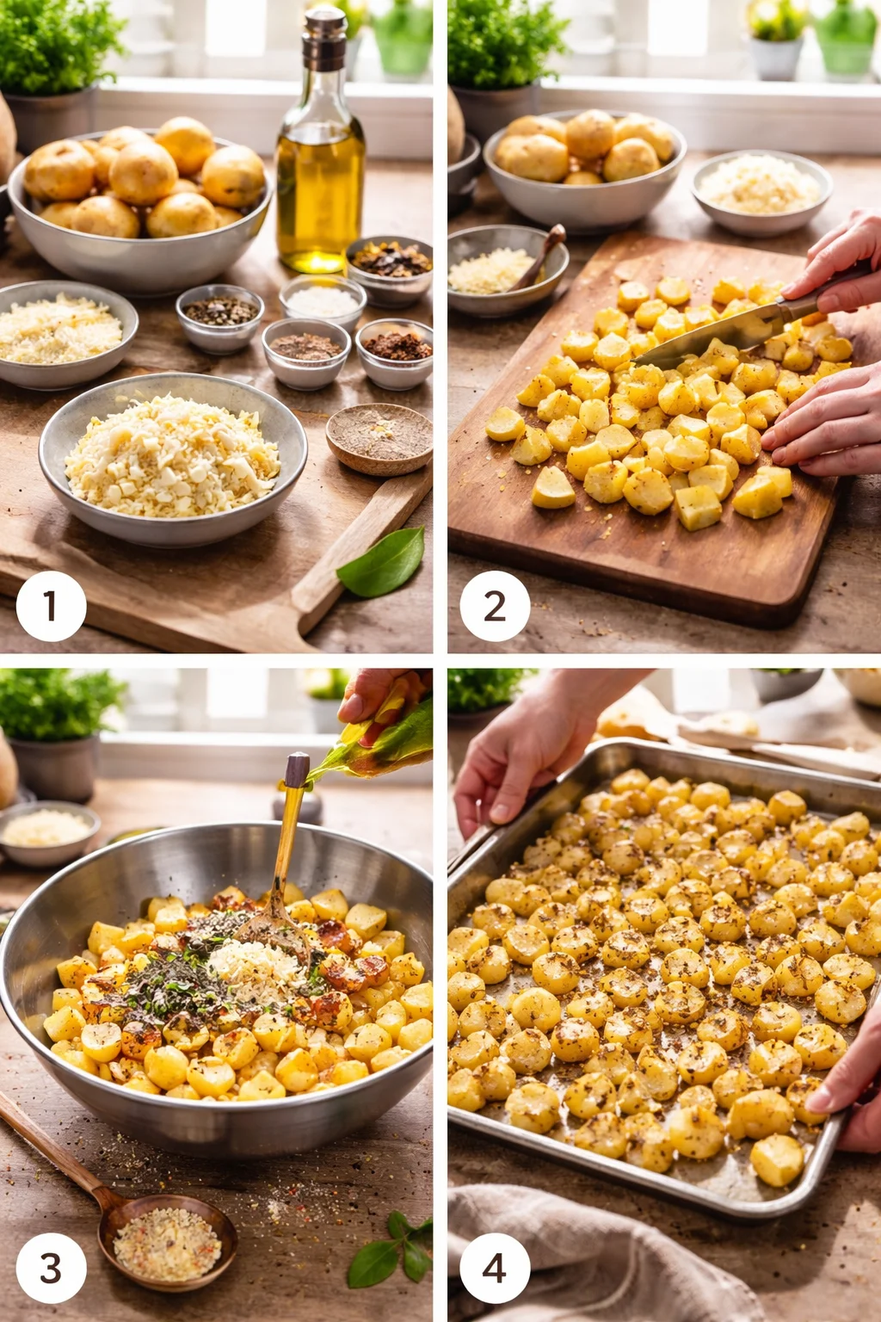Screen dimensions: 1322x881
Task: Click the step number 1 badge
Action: tap(51, 606)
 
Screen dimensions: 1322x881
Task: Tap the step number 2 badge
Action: tap(495, 606)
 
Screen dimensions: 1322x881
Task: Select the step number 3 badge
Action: tap(51, 1268)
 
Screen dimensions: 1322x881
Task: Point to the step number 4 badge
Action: tap(495, 1268)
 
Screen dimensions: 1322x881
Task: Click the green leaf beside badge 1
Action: tap(383, 564)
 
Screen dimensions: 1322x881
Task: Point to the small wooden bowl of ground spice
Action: tap(379, 437)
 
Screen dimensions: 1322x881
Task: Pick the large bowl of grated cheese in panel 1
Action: tap(172, 460)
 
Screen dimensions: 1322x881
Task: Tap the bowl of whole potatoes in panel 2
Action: tap(585, 168)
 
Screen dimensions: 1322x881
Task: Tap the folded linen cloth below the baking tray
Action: tap(585, 1257)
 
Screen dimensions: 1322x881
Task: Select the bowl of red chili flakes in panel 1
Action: tap(396, 353)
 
